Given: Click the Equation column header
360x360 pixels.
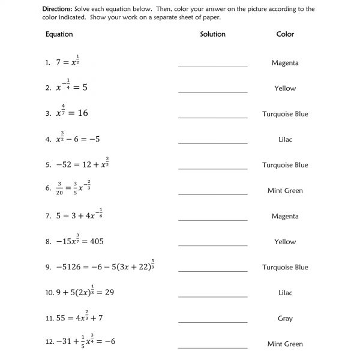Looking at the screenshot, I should point(59,34).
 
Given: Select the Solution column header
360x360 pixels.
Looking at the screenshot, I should point(212,34).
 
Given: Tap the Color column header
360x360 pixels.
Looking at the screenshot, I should point(285,34).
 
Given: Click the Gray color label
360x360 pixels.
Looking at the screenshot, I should point(285,319).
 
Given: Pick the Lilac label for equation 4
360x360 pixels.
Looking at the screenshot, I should point(285,139).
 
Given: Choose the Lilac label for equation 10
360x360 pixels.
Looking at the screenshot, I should point(285,293).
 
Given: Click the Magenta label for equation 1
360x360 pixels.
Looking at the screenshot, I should point(285,62).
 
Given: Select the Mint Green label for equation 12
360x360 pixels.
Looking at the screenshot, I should point(285,344).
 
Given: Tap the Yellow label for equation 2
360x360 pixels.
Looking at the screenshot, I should point(285,88).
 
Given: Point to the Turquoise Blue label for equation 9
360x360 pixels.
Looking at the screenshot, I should point(285,267).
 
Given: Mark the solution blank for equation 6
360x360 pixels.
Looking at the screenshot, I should point(212,193).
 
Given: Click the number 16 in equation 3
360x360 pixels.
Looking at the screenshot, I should point(82,113).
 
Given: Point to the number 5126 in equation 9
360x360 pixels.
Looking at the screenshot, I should point(71,267).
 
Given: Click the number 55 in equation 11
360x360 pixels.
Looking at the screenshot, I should point(59,318).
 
